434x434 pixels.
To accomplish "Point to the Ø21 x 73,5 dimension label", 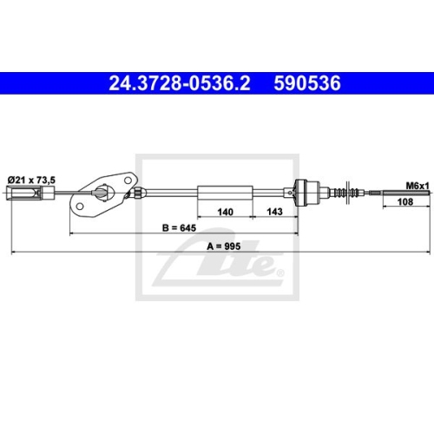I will click(31, 179).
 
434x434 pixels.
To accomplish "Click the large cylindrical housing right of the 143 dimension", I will click(307, 191).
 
